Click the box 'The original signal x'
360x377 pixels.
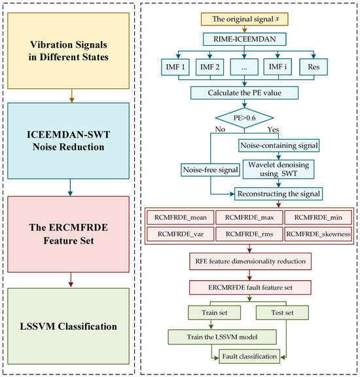(x=244, y=19)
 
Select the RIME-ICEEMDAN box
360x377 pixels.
(x=244, y=39)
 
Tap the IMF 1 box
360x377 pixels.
(x=175, y=67)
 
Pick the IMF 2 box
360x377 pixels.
(x=209, y=67)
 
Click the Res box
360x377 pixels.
(x=314, y=67)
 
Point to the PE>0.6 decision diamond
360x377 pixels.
(x=244, y=118)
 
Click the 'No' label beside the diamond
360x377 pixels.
(x=220, y=130)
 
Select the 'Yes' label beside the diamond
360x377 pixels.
(x=273, y=130)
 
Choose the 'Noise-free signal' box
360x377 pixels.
(x=210, y=170)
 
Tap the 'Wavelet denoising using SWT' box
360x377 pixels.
(x=278, y=170)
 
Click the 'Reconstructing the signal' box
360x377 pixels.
(x=278, y=194)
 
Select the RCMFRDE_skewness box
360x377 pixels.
(x=318, y=234)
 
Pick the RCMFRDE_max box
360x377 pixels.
(x=249, y=217)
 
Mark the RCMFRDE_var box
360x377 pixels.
(x=181, y=234)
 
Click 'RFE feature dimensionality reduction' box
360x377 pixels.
(x=250, y=261)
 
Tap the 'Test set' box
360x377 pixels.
(x=282, y=313)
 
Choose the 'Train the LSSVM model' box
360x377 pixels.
(x=222, y=337)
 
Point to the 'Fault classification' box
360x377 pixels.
(x=249, y=356)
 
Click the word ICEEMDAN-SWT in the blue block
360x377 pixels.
(x=68, y=135)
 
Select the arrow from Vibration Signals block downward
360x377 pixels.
(x=71, y=96)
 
